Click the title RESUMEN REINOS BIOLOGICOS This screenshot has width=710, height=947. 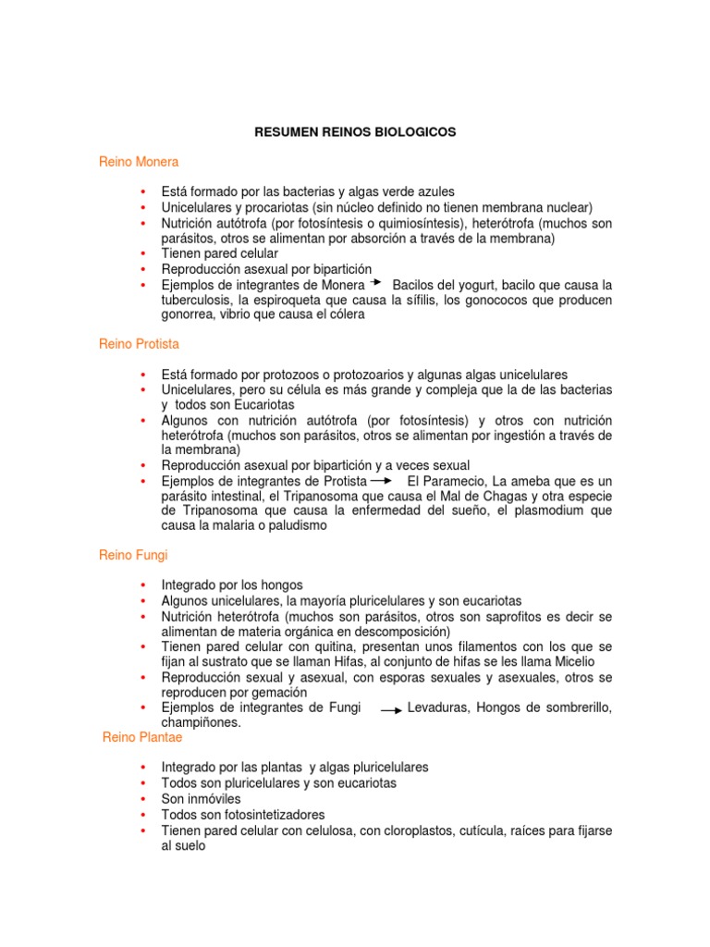(x=355, y=133)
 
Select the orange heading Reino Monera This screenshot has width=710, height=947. (x=139, y=162)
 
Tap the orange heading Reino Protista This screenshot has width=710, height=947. (x=139, y=344)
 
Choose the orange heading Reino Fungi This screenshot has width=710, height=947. (x=133, y=556)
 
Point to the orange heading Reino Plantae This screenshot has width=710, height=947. (x=141, y=738)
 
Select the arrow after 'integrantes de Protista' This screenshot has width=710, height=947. (x=380, y=481)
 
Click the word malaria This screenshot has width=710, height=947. (x=224, y=526)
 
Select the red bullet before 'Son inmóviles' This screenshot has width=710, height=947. (x=142, y=798)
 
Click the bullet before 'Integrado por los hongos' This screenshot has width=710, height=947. (x=142, y=586)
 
